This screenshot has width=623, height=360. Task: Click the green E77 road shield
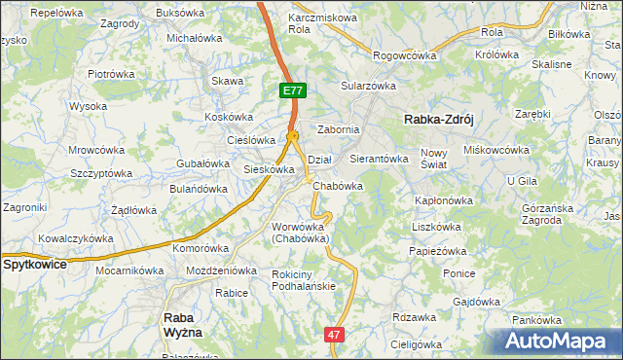click(293, 90)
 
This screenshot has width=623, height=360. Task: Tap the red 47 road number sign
click(335, 334)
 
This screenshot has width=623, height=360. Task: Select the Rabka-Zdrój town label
click(438, 120)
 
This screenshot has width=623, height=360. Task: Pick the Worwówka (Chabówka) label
click(301, 233)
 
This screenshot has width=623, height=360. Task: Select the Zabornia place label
click(339, 129)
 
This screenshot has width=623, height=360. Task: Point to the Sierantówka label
click(378, 158)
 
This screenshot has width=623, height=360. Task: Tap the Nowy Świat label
click(433, 159)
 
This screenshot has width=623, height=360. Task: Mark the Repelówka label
click(57, 14)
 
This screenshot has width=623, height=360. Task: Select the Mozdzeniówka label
click(221, 270)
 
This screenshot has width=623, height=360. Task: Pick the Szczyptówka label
click(101, 172)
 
